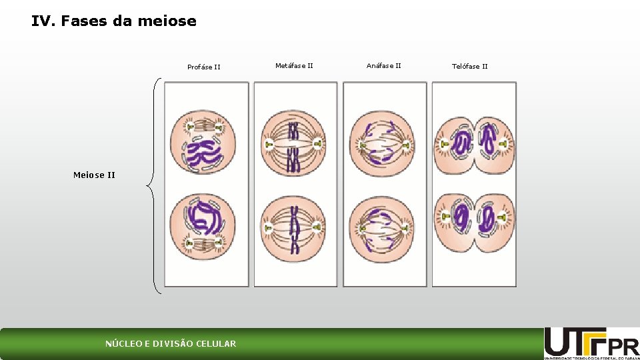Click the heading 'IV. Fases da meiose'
coord(114,21)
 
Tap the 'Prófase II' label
coord(204,67)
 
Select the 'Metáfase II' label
coord(294,65)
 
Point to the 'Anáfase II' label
coord(384,65)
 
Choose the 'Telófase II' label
coord(470,66)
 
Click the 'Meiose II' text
coord(94,175)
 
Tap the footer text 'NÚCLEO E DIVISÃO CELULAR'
coord(171,344)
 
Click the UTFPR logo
coord(591,343)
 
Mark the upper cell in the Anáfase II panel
coord(382,144)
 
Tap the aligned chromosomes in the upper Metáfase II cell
coord(293,144)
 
